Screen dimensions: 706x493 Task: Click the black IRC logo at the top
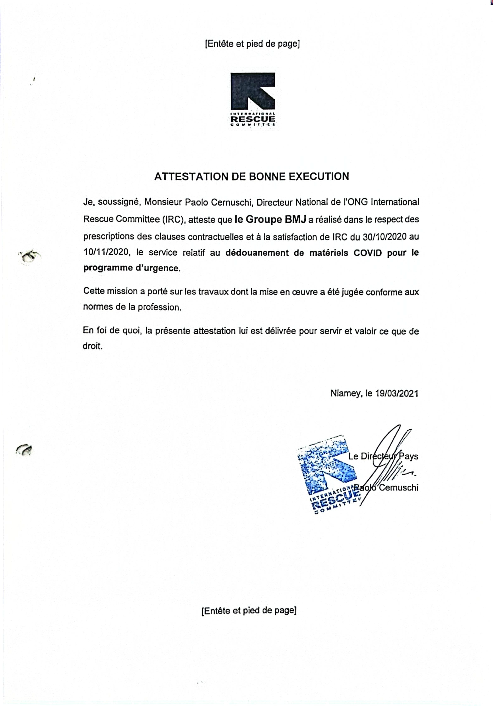[x=253, y=99]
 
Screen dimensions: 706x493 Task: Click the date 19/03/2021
[x=396, y=394]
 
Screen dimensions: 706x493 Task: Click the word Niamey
[x=345, y=394]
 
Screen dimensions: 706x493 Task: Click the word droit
[x=92, y=346]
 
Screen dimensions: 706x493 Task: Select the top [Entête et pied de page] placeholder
[x=252, y=44]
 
